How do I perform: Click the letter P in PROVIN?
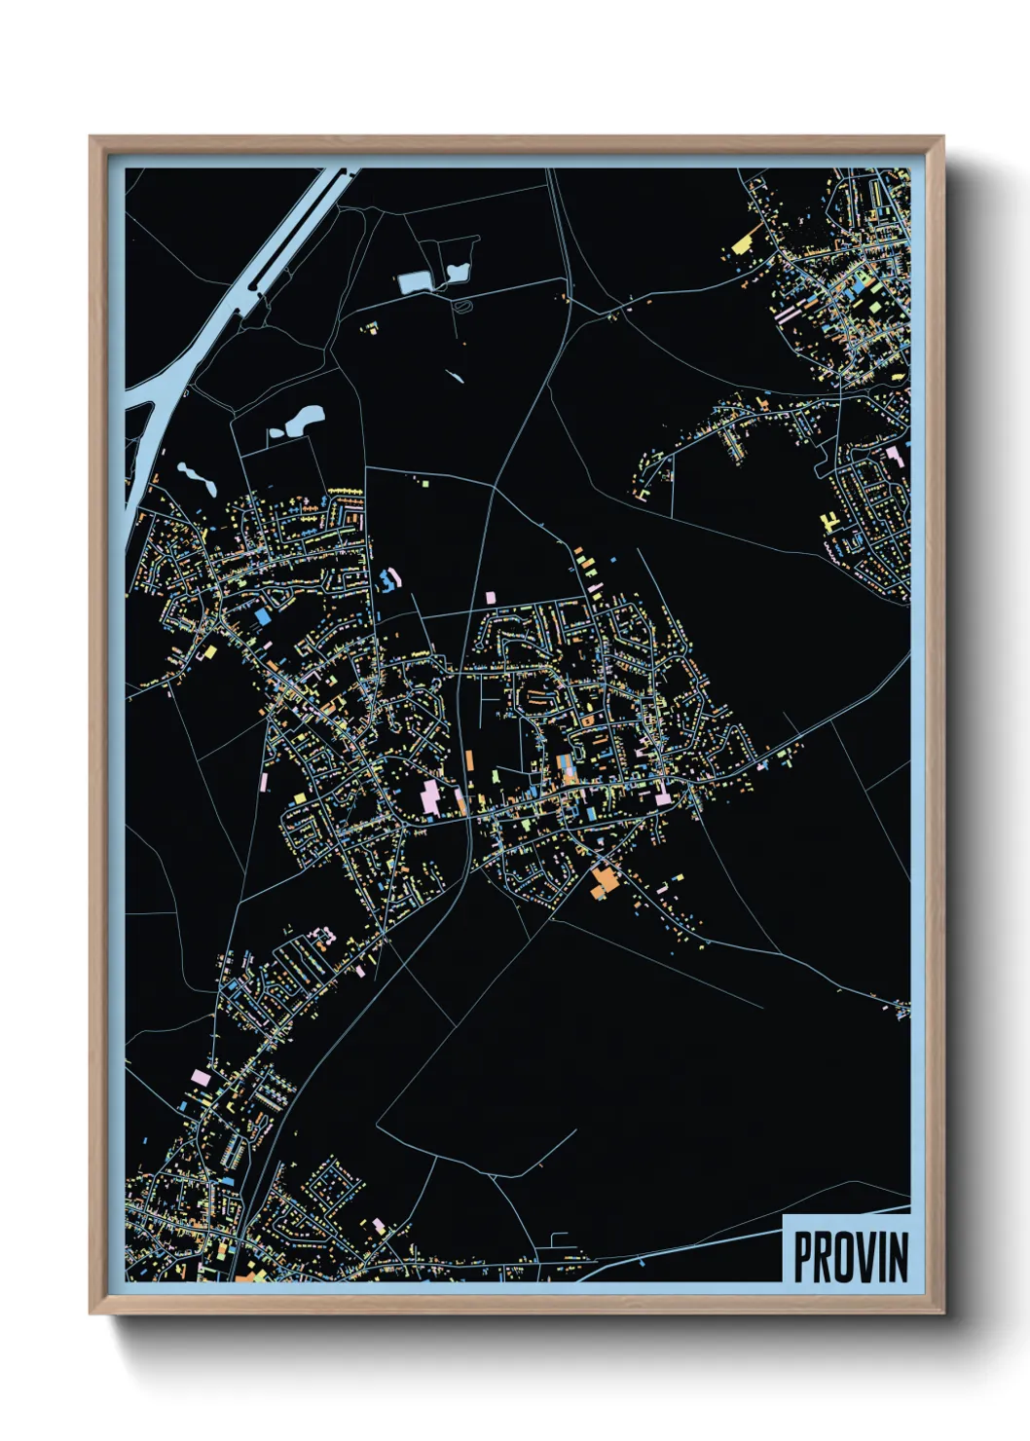[x=804, y=1257]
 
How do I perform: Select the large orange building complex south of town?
[x=604, y=882]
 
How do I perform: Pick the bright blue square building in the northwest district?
[x=263, y=616]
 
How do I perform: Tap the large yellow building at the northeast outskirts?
[x=744, y=241]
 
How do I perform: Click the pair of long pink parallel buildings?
[x=785, y=315]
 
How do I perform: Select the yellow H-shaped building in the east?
[x=829, y=522]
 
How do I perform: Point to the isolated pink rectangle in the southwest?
[x=201, y=1077]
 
